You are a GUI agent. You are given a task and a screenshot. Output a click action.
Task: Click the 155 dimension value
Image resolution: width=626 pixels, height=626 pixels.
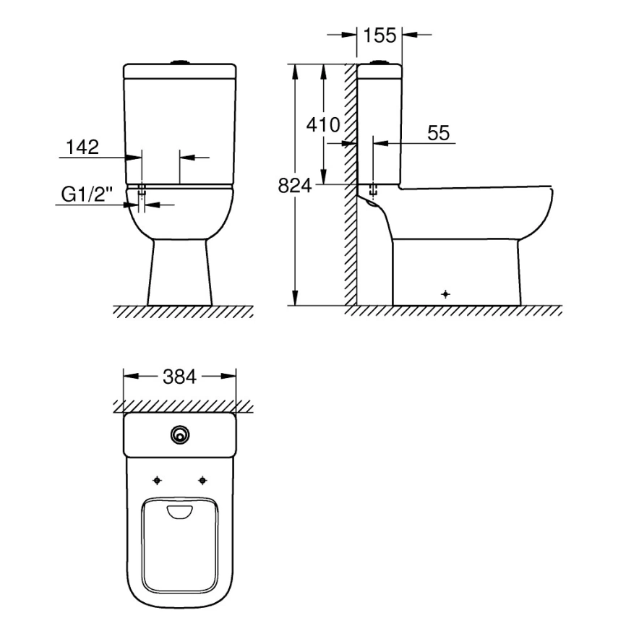tap(380, 35)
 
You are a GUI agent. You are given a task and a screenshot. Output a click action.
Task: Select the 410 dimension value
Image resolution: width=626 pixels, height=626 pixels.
tap(322, 124)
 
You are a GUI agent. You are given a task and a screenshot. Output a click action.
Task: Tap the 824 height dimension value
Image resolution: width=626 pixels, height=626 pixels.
tap(294, 186)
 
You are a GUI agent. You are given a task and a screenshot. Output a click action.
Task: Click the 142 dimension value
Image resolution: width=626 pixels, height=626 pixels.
tap(82, 147)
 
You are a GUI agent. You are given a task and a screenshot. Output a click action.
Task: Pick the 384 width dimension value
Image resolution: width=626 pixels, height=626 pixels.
tap(180, 377)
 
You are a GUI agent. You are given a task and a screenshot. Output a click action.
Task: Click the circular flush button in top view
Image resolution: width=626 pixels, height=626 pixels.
tap(180, 434)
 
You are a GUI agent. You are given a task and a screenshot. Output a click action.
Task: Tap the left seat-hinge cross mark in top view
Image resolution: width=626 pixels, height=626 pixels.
tap(158, 480)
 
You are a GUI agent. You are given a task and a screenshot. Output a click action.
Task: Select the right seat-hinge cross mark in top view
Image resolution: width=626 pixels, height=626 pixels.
tap(202, 480)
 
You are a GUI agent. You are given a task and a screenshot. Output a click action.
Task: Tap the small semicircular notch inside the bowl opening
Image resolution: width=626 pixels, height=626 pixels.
tap(180, 512)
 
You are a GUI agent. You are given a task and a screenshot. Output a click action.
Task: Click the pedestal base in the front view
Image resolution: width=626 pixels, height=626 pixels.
tap(180, 275)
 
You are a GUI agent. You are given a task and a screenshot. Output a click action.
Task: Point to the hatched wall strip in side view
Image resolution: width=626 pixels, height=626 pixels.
tap(351, 181)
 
